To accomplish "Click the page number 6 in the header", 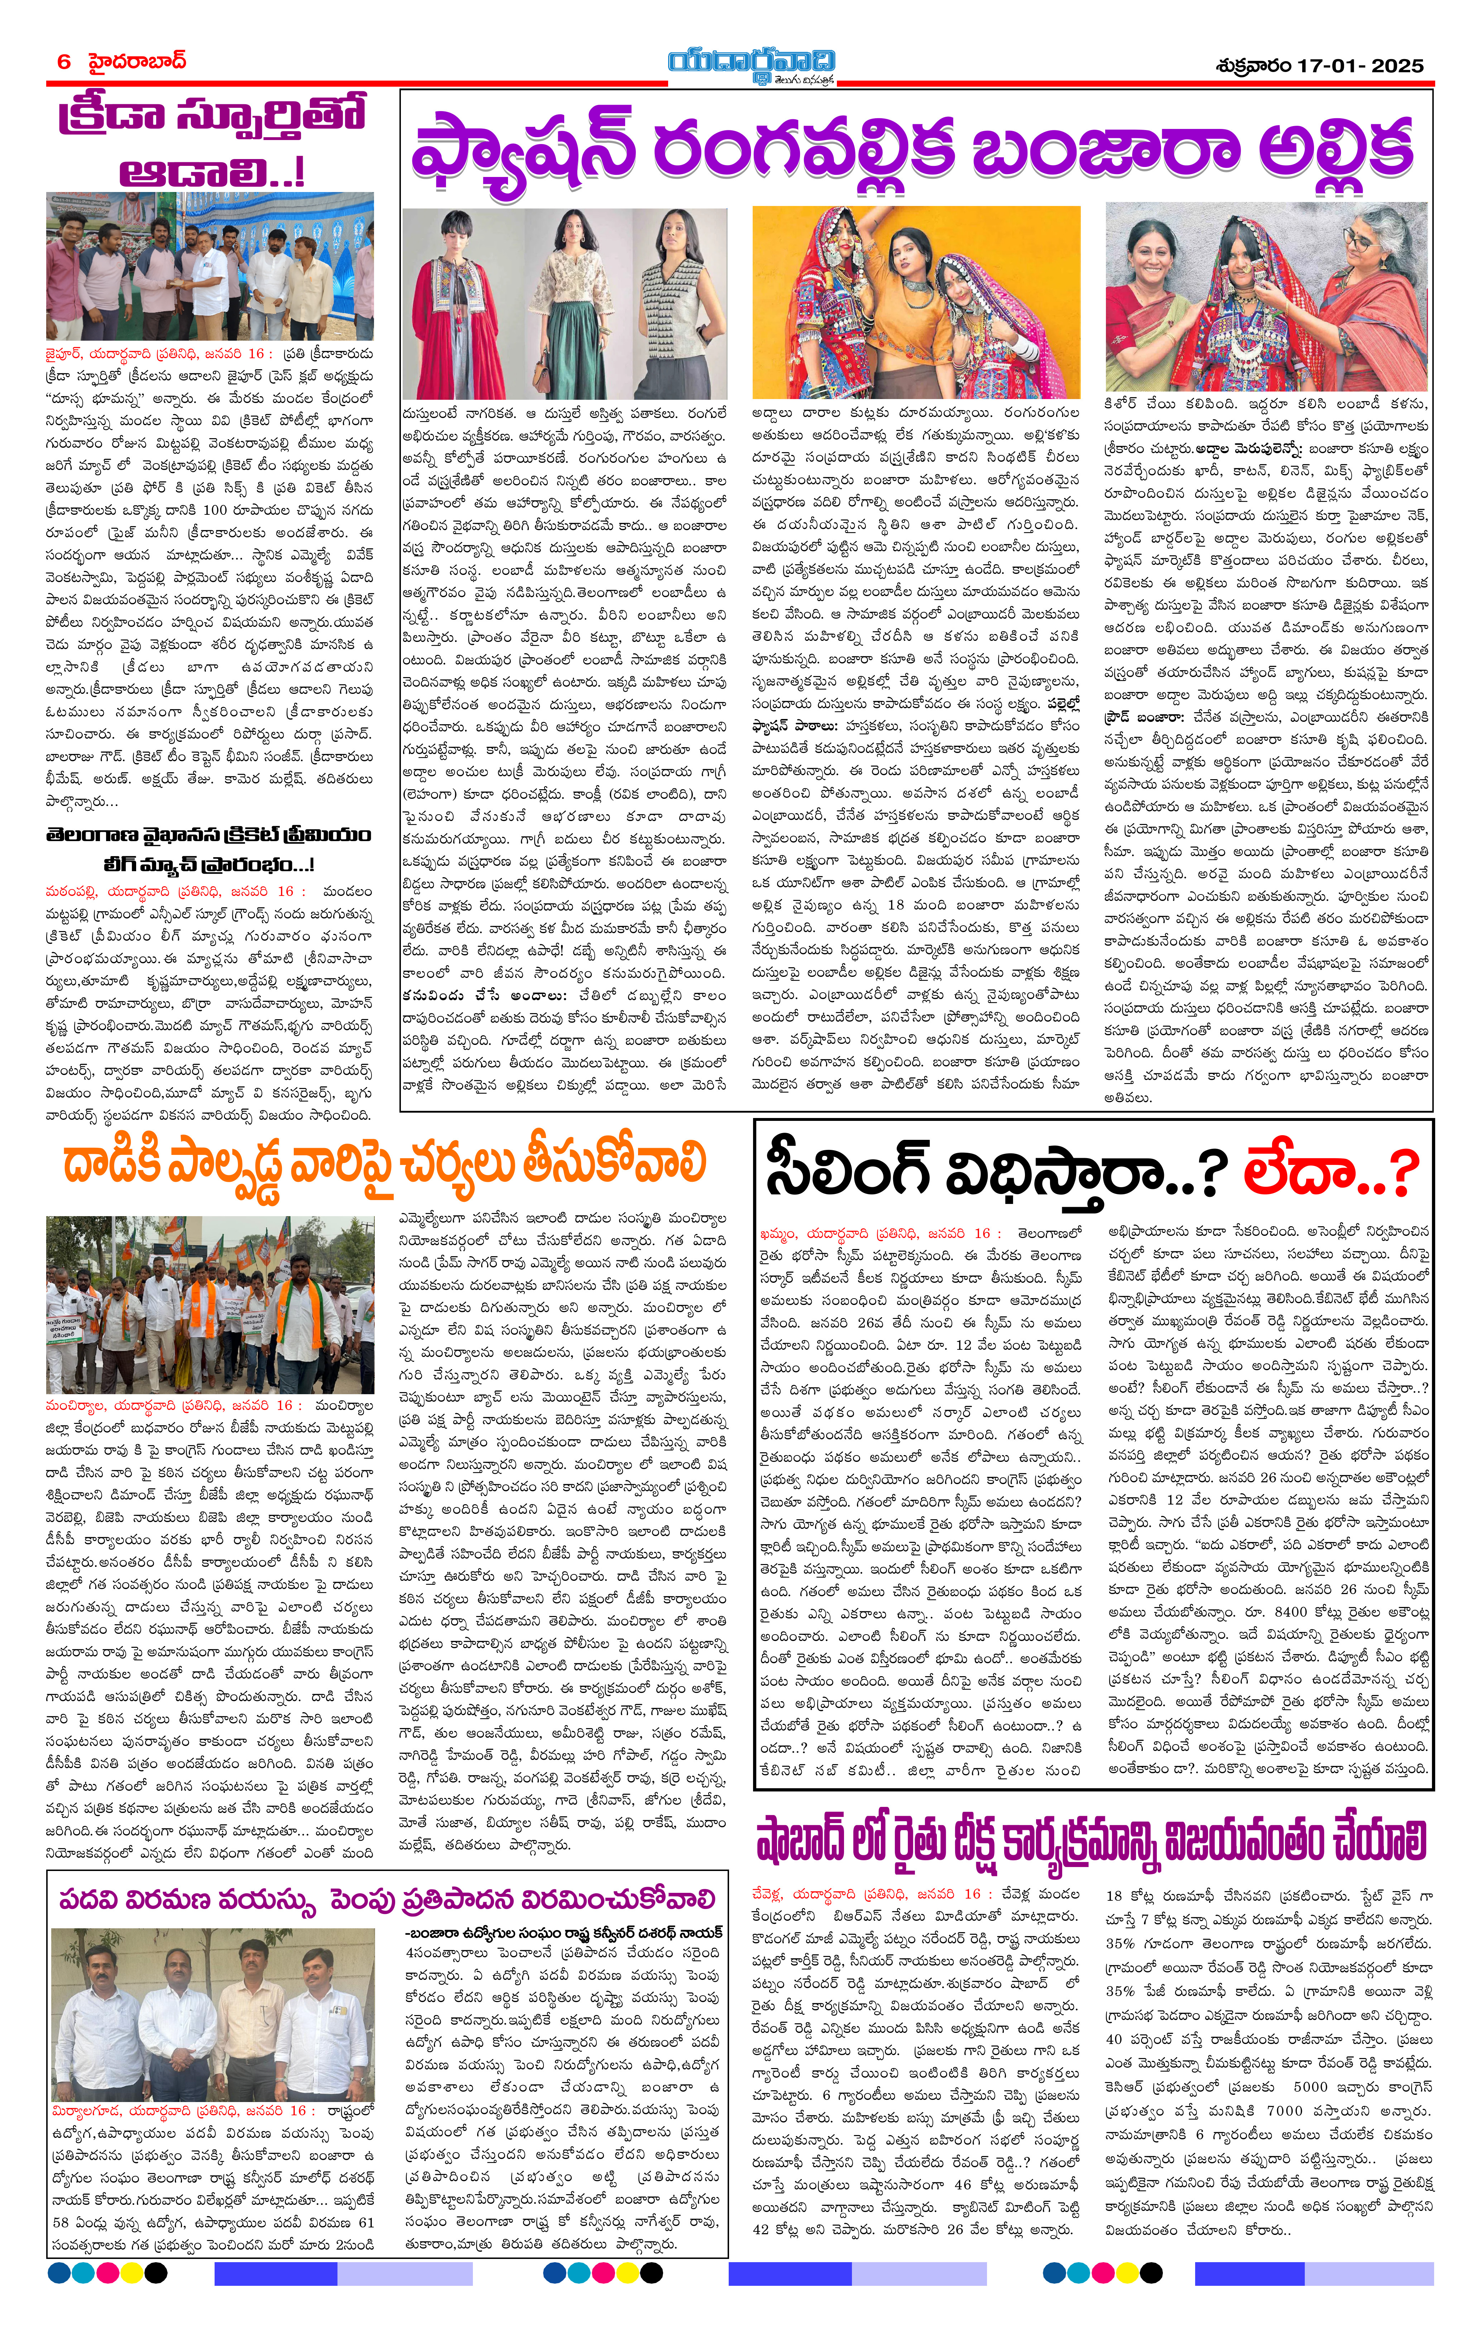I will [64, 62].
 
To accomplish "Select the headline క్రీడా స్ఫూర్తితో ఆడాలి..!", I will [211, 142].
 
